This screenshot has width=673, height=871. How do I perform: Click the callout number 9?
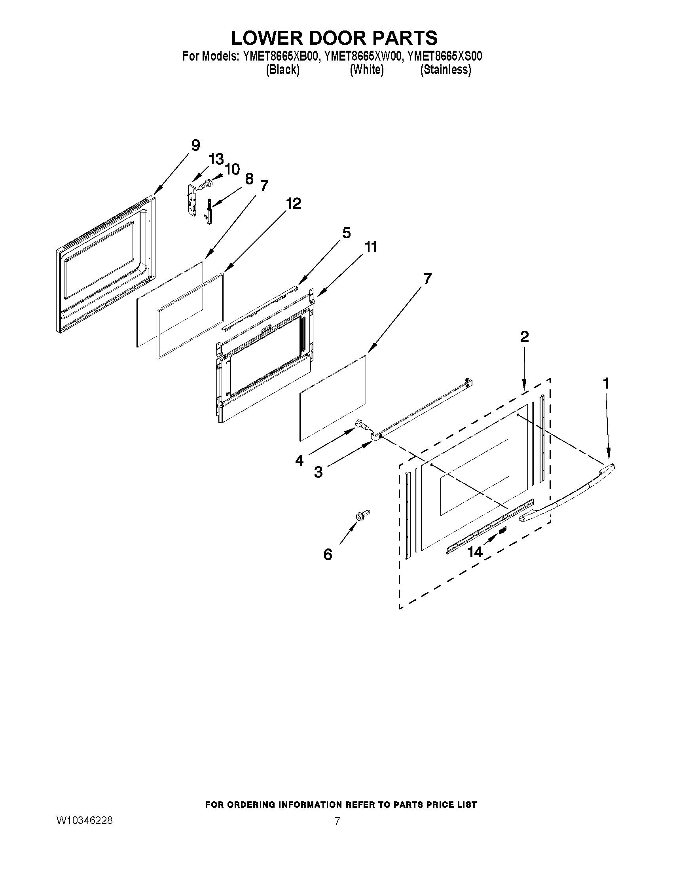click(195, 145)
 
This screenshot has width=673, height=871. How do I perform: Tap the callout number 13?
click(216, 159)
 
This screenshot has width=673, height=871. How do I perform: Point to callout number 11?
click(370, 247)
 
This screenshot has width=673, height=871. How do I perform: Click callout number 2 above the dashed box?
click(524, 337)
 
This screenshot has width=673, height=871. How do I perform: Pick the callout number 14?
click(475, 552)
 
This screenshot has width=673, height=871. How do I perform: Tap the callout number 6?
click(328, 554)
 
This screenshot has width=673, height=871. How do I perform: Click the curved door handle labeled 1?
click(566, 495)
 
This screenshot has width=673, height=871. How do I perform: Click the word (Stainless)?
click(446, 70)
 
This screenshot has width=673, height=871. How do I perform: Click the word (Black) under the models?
click(282, 70)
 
